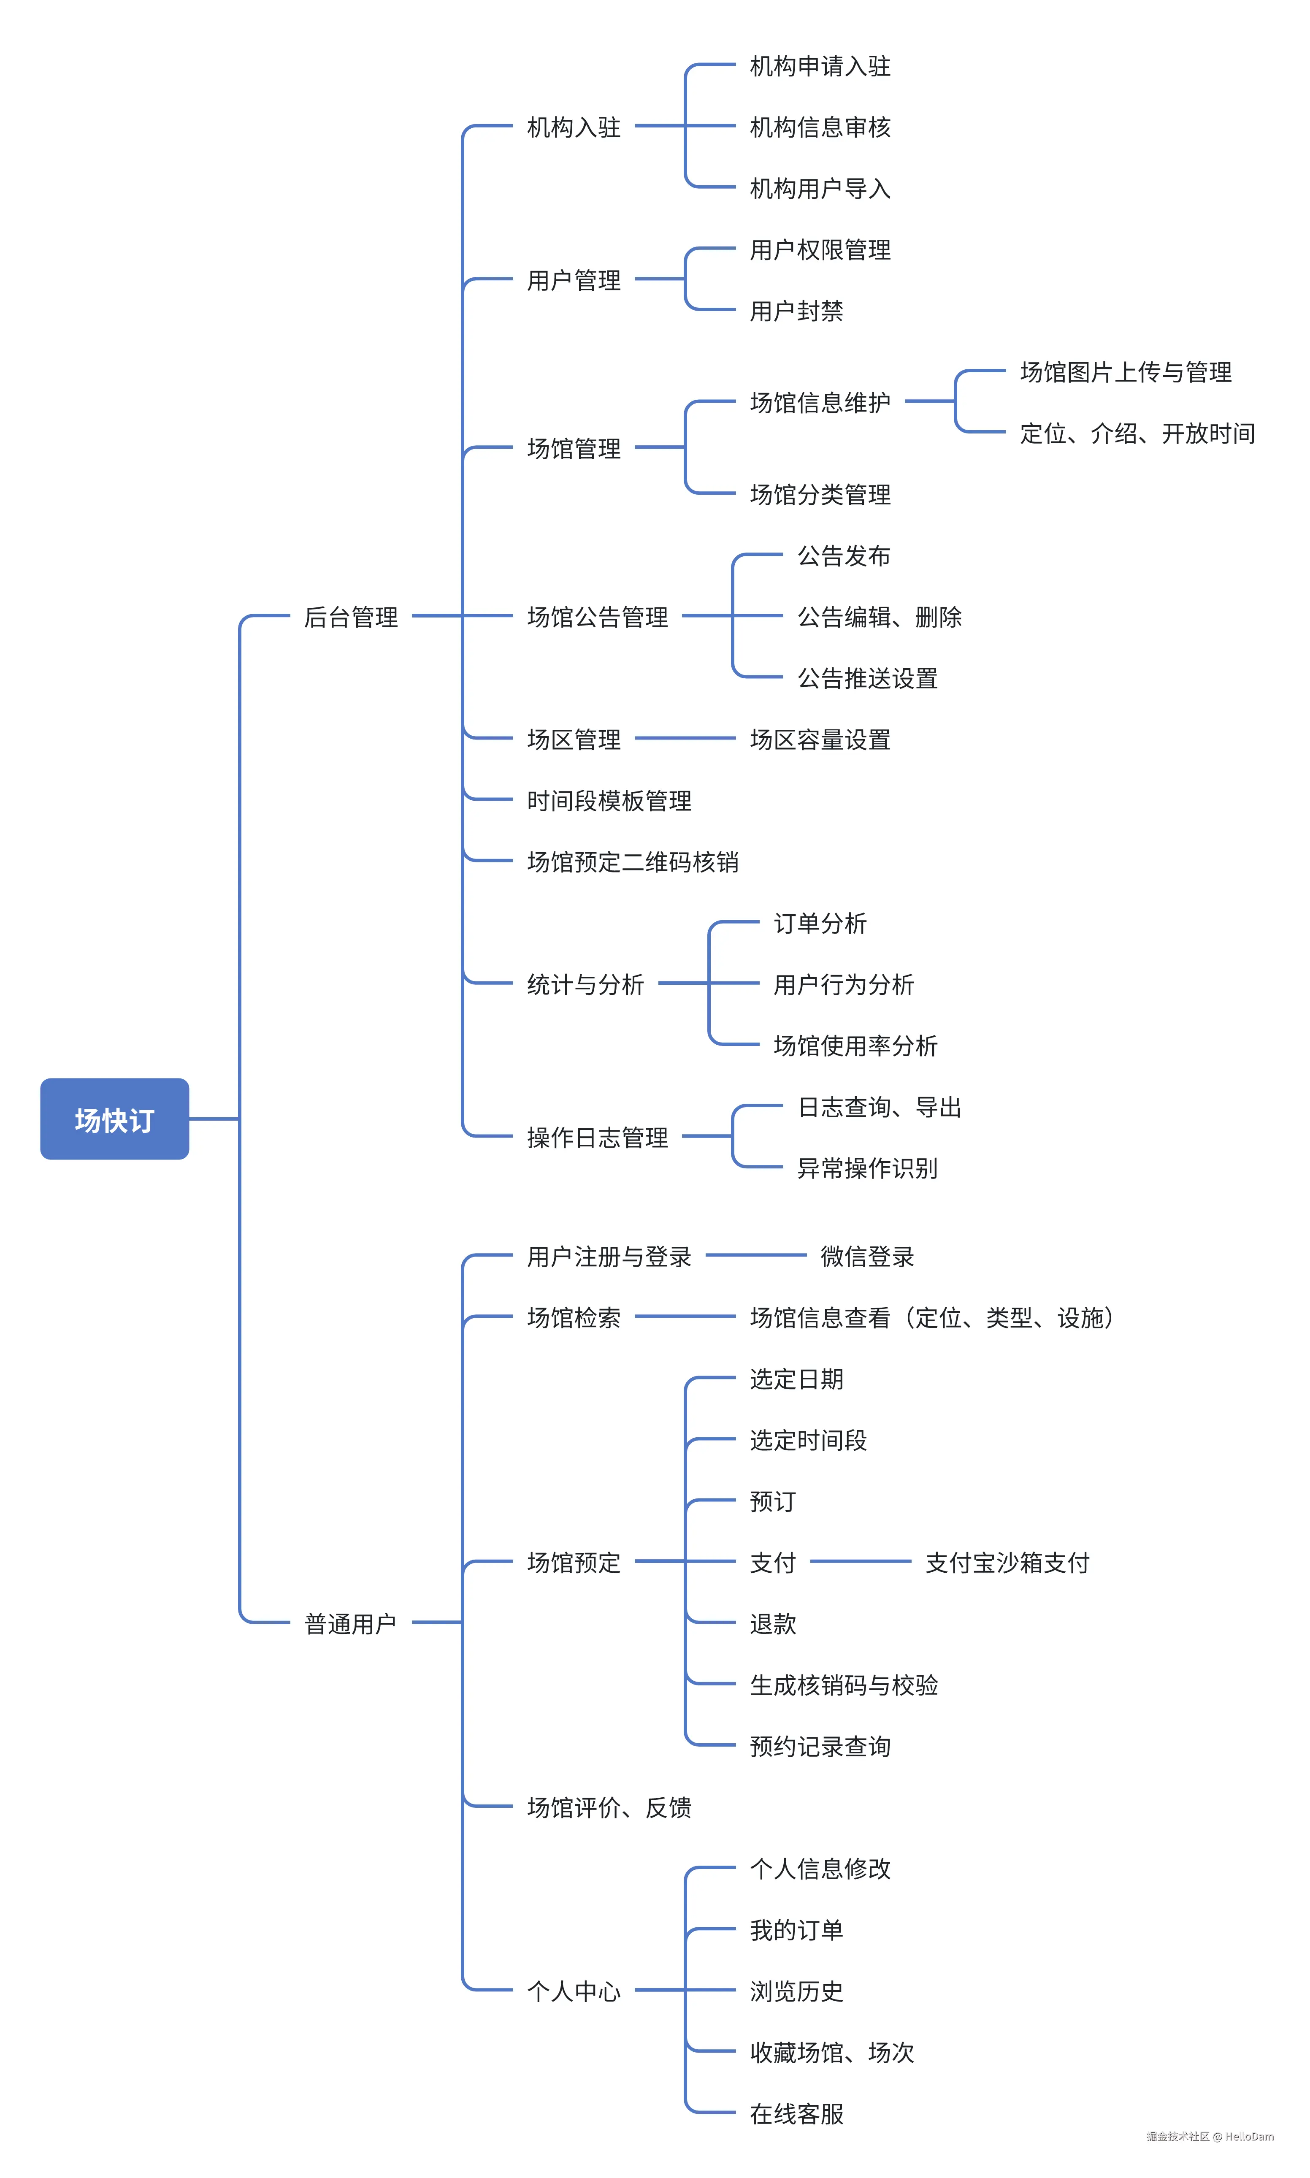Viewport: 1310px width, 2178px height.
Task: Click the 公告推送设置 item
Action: point(867,678)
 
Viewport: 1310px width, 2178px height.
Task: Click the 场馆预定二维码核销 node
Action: point(632,861)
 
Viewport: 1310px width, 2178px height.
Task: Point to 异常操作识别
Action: point(867,1168)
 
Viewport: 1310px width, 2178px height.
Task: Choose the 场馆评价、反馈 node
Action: point(609,1807)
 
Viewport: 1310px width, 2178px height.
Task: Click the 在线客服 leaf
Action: point(796,2113)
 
